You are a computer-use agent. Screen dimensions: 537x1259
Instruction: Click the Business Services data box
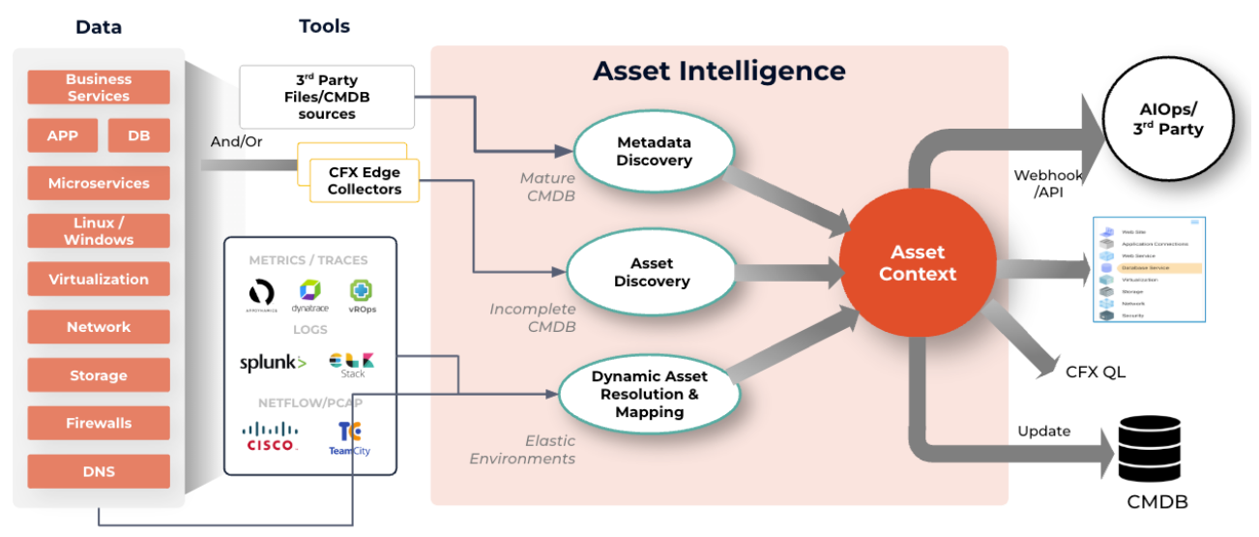pos(99,88)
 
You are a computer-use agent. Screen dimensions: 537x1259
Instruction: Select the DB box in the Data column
pos(138,136)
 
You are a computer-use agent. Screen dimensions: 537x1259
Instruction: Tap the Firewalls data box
pos(99,423)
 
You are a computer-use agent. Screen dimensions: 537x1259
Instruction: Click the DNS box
pos(99,471)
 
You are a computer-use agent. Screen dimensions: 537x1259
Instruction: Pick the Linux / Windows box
pos(99,231)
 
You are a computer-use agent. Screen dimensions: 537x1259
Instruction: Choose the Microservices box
pos(99,183)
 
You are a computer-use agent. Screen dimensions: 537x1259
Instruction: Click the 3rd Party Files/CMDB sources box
pos(327,97)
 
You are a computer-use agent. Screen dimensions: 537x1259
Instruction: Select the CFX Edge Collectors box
pos(365,181)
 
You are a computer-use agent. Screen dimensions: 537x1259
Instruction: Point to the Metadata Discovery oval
pos(654,151)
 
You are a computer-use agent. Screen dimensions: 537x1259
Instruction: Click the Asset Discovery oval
pos(654,272)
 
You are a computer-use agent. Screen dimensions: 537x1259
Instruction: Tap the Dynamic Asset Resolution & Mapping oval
pos(649,394)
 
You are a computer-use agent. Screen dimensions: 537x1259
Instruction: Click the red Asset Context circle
pos(917,263)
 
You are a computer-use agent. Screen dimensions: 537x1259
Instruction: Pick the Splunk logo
pos(273,363)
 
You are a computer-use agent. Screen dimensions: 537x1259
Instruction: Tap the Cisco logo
pos(271,436)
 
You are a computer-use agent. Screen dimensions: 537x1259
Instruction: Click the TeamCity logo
pos(349,438)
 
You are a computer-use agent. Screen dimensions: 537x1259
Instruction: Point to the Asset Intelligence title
pos(718,71)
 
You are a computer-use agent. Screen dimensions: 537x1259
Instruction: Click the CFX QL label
pos(1096,372)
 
